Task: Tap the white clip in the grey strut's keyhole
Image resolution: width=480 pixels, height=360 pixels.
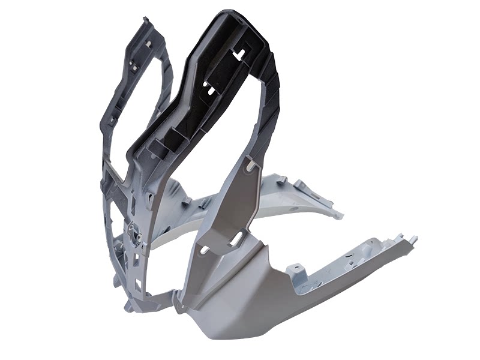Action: [x=250, y=163]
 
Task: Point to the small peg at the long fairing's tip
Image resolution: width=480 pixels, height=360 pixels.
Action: [x=414, y=239]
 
